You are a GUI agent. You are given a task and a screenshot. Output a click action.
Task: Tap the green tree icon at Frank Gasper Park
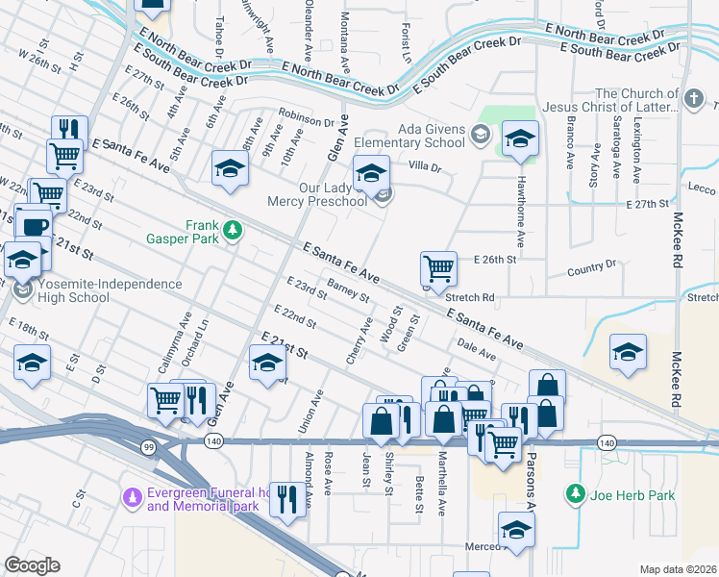[233, 230]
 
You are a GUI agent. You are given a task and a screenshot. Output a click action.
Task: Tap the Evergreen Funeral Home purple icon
[131, 497]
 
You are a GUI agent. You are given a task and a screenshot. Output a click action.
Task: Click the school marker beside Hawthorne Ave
[520, 139]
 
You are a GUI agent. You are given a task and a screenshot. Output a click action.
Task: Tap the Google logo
[33, 565]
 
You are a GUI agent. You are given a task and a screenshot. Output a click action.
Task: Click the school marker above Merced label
[516, 529]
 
